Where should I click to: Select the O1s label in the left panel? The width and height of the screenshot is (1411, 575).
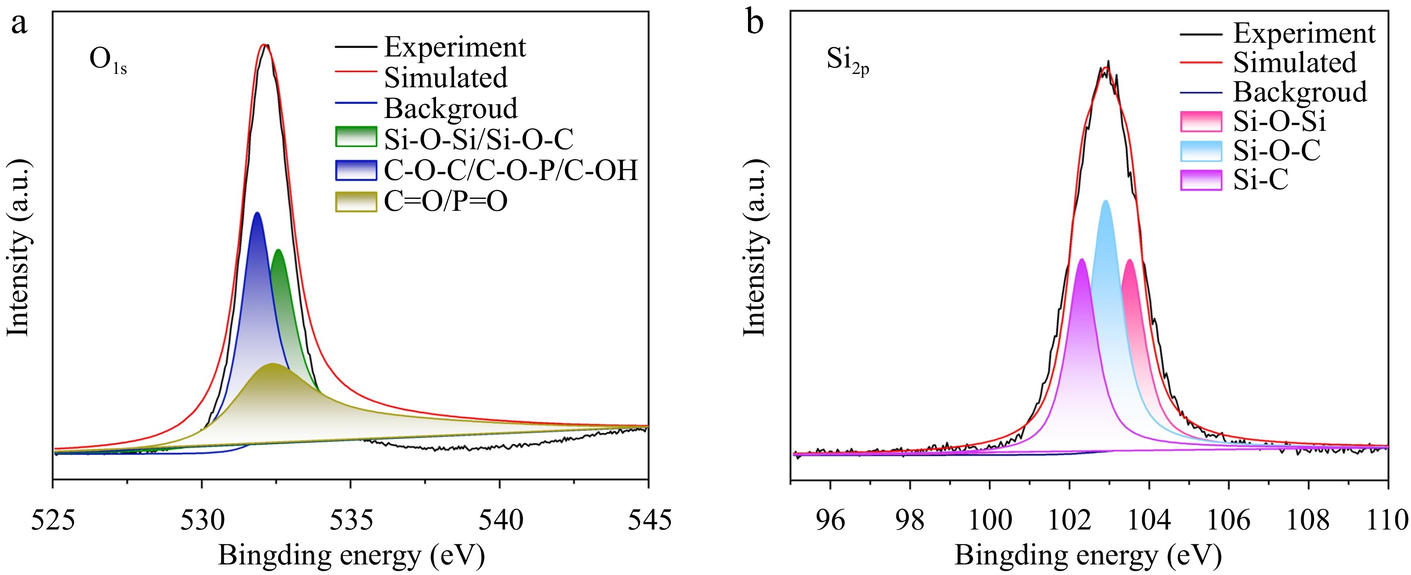pyautogui.click(x=108, y=60)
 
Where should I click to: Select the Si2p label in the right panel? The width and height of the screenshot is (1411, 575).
pyautogui.click(x=847, y=60)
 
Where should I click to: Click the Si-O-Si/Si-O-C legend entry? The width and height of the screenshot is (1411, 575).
pyautogui.click(x=478, y=139)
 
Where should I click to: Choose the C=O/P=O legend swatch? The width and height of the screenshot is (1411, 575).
pyautogui.click(x=356, y=202)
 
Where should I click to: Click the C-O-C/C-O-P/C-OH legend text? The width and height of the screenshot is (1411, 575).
pyautogui.click(x=510, y=170)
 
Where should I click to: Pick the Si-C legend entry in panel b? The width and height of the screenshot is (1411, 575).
pyautogui.click(x=1260, y=180)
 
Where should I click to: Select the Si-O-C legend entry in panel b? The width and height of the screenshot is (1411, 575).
pyautogui.click(x=1276, y=151)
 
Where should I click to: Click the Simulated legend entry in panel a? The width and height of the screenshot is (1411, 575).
pyautogui.click(x=445, y=77)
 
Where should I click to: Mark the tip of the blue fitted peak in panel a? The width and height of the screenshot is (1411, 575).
pyautogui.click(x=257, y=213)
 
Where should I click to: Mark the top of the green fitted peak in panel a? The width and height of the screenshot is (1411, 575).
pyautogui.click(x=278, y=250)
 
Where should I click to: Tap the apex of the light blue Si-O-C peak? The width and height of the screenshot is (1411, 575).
pyautogui.click(x=1105, y=201)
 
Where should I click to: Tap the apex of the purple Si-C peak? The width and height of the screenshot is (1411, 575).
pyautogui.click(x=1081, y=259)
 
